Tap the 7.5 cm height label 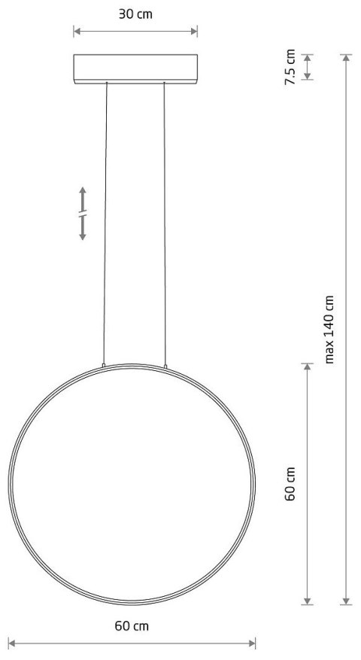point(291,67)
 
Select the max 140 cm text point(329,329)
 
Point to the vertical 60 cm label point(291,484)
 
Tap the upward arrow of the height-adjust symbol point(83,192)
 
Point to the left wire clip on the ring point(104,365)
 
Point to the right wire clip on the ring point(165,365)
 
